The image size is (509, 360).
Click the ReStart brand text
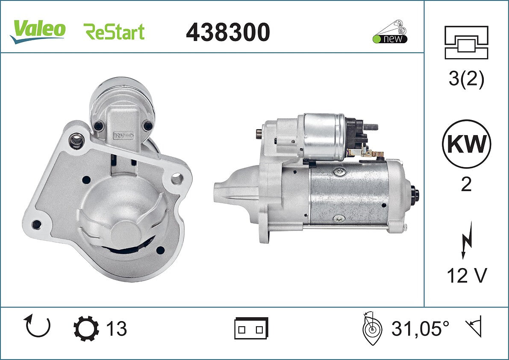(114, 32)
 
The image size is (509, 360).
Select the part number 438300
(228, 32)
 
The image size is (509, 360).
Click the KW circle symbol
(466, 144)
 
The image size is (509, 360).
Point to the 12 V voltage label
(467, 276)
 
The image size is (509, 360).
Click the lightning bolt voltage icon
(467, 240)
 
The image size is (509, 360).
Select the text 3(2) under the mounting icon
(466, 79)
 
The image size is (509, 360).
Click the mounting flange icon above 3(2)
(466, 42)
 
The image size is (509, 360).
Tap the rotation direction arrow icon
(38, 327)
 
